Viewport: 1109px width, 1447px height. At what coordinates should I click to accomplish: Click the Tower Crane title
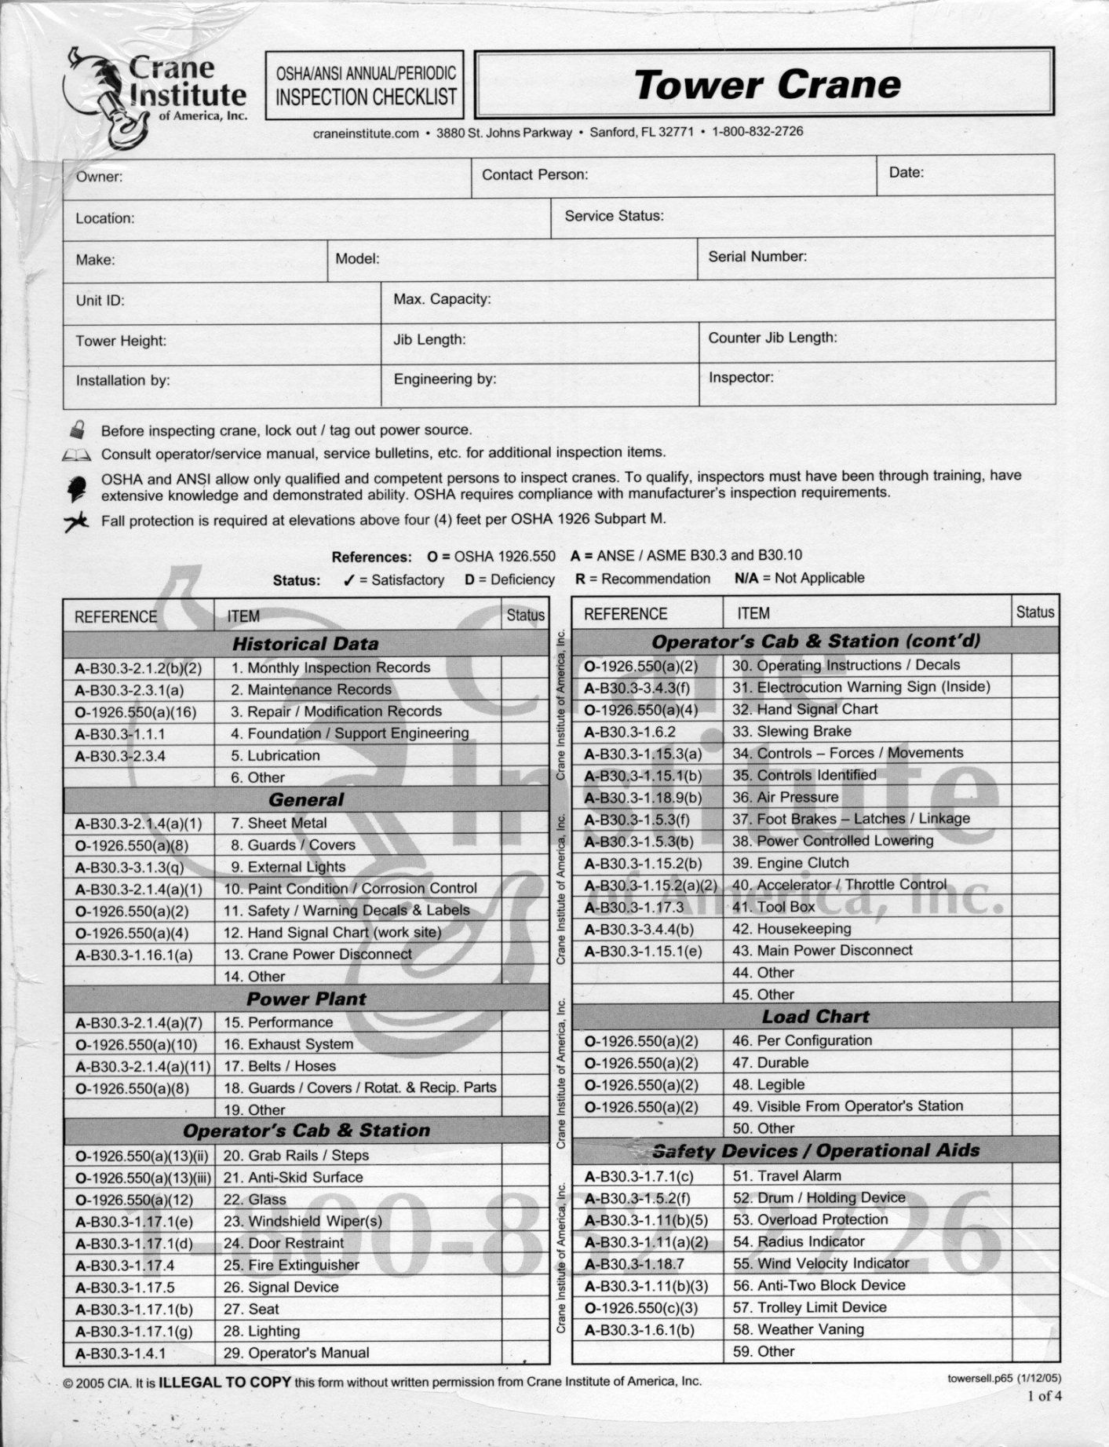click(767, 85)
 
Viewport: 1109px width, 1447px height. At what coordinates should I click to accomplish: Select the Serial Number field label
click(757, 257)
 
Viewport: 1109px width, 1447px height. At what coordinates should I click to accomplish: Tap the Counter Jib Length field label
click(772, 338)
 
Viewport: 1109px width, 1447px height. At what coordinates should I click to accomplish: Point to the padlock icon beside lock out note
click(77, 429)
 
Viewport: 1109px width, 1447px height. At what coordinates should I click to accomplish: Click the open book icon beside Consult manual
click(76, 455)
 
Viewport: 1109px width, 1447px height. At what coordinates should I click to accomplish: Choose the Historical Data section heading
click(305, 645)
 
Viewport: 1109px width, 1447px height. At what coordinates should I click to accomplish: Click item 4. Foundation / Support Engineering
click(350, 733)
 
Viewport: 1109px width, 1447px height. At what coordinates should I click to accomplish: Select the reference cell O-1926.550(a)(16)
click(135, 712)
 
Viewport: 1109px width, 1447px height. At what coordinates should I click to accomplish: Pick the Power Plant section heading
click(306, 999)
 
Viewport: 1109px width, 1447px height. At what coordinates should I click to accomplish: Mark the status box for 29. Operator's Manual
click(524, 1353)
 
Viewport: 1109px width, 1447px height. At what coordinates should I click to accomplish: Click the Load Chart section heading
click(815, 1017)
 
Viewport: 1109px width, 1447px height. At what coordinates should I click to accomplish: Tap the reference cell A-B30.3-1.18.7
click(634, 1264)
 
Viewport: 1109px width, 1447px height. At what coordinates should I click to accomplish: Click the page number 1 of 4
click(1044, 1396)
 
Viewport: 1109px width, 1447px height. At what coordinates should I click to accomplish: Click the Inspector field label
click(741, 378)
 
